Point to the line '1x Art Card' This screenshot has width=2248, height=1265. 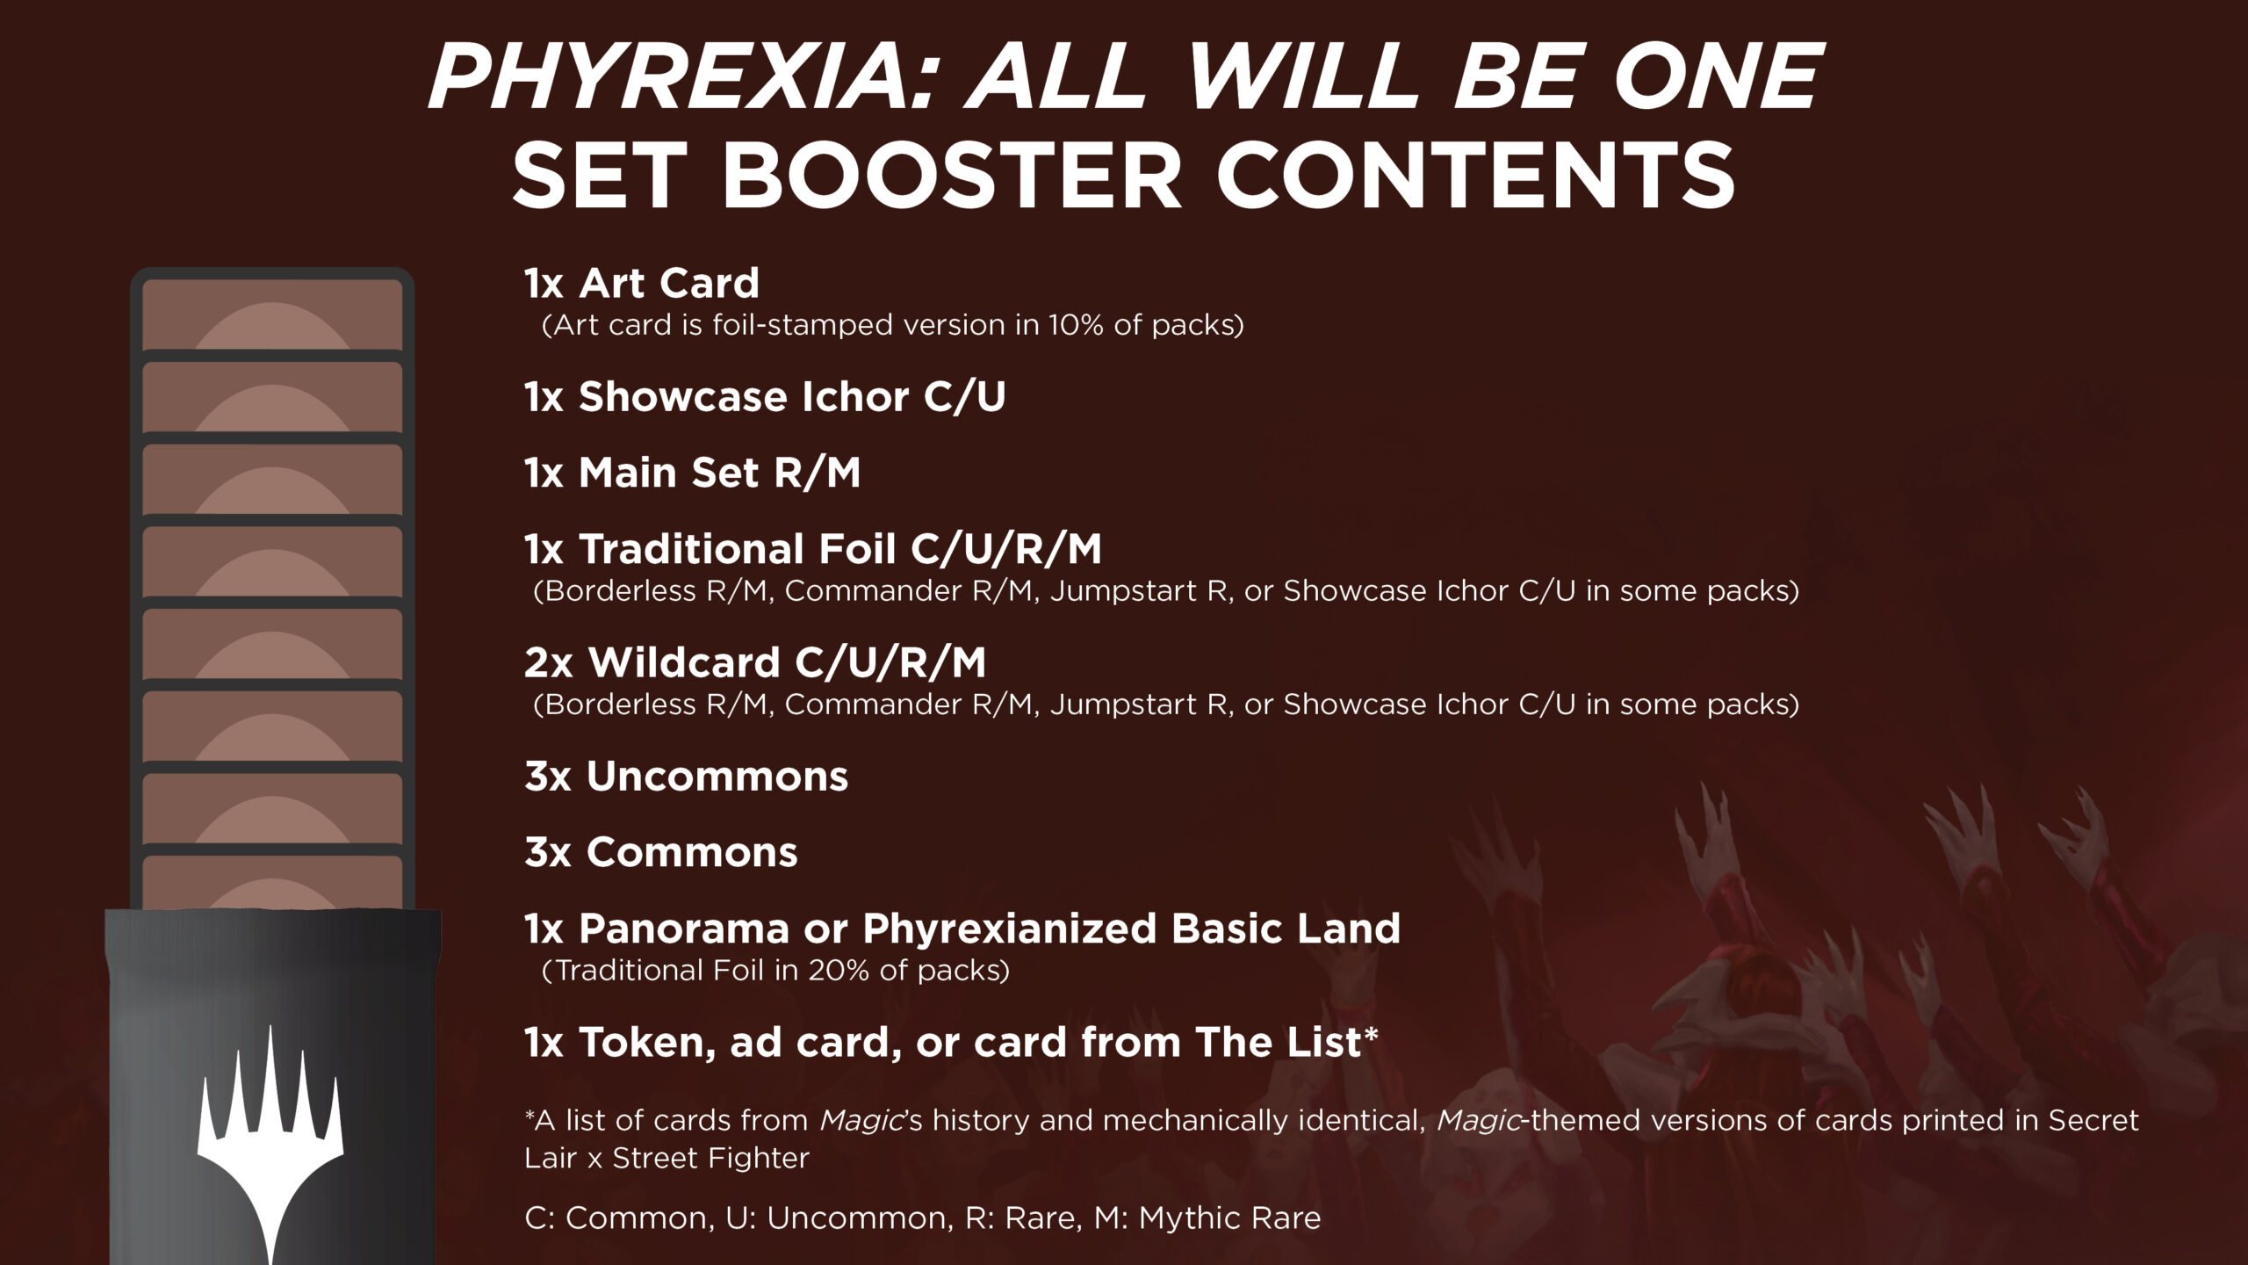tap(642, 283)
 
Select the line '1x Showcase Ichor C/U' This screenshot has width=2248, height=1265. tap(765, 397)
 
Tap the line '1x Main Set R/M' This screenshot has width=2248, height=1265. tap(693, 473)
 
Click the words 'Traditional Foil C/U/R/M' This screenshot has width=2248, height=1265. tap(839, 549)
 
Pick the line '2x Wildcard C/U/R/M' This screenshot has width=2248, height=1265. tap(755, 662)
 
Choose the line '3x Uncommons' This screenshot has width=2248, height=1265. tap(687, 777)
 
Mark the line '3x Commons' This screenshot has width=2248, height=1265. tap(661, 852)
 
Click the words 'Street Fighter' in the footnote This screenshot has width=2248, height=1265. tap(710, 1158)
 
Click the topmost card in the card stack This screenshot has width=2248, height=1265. tap(272, 314)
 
